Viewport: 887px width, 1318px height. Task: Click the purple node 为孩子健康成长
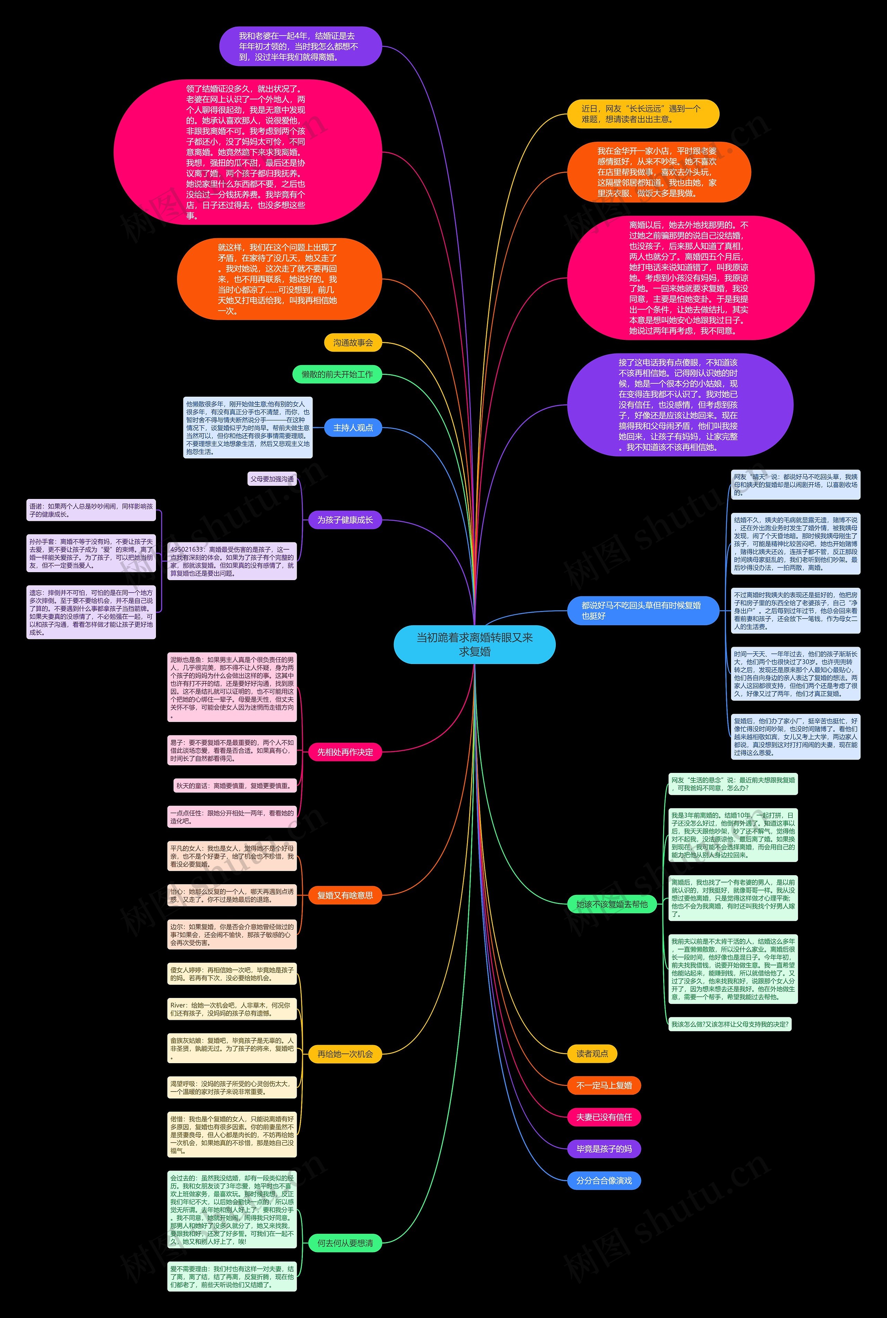(344, 520)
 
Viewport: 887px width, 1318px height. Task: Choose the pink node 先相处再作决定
(344, 752)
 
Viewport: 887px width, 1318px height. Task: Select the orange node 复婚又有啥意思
(344, 895)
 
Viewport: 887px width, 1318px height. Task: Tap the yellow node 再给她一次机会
(344, 1054)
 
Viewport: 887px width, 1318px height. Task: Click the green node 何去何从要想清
(344, 1243)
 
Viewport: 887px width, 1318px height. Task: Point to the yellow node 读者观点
(592, 1054)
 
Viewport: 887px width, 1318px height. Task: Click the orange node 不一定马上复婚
(604, 1085)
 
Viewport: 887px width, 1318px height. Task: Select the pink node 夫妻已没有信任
(604, 1117)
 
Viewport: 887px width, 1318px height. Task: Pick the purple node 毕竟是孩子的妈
(604, 1149)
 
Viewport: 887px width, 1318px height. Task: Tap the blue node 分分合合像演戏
(604, 1180)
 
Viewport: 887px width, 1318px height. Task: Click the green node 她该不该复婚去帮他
(612, 904)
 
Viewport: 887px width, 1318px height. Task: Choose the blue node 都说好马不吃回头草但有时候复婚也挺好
(643, 610)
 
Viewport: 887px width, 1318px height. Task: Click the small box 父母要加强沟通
(272, 479)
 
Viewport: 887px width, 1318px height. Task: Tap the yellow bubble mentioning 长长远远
(643, 114)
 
